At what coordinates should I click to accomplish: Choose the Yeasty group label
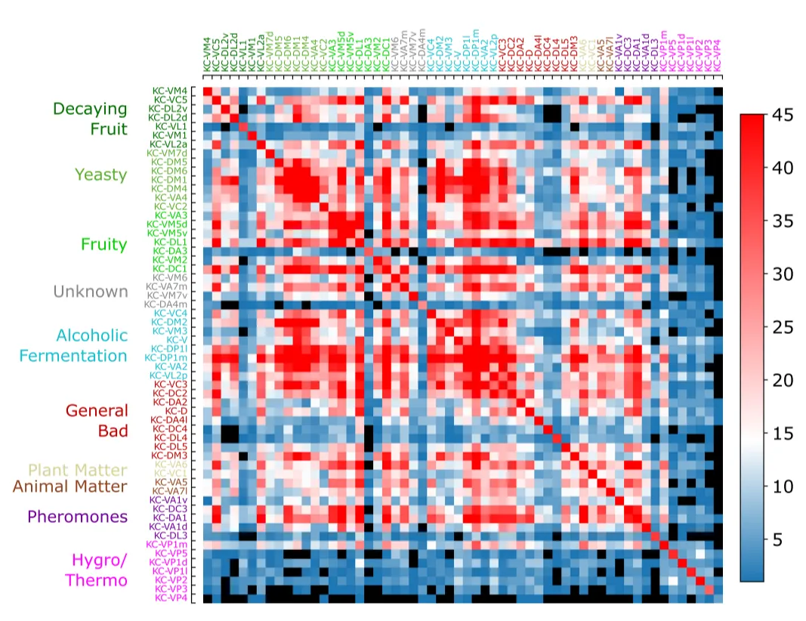(100, 175)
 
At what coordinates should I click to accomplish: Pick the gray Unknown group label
(90, 292)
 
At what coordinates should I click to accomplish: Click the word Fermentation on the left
(73, 355)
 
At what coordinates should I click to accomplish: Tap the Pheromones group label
(77, 517)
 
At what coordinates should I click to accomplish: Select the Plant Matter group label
(77, 470)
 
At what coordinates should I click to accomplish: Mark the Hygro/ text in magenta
(99, 561)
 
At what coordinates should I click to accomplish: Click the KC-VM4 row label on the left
(171, 91)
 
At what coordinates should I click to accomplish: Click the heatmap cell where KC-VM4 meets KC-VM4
(207, 91)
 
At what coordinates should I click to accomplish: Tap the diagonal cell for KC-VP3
(709, 589)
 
